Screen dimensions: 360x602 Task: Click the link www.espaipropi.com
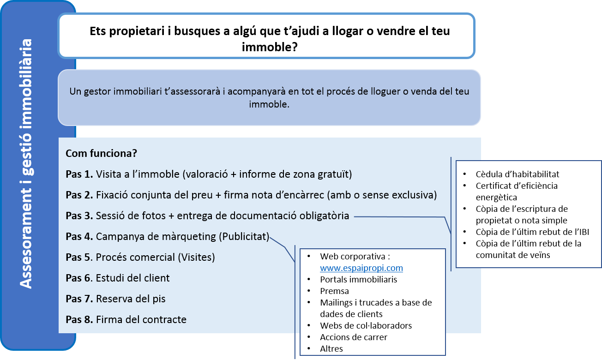click(361, 268)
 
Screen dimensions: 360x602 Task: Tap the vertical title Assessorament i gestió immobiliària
click(28, 164)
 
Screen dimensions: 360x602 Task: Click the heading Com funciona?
click(101, 153)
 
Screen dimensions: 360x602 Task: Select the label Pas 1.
click(79, 174)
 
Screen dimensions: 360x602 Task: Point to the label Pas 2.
click(79, 195)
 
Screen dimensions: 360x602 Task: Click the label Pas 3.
click(79, 216)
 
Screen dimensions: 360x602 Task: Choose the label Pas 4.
click(79, 236)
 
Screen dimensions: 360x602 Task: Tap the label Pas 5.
click(79, 257)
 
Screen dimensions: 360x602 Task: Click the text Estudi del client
click(133, 278)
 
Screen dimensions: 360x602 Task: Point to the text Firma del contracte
click(141, 319)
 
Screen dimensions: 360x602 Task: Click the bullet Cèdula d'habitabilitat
click(518, 174)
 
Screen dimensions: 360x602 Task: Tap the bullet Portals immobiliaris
click(358, 279)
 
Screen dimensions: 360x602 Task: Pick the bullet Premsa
click(334, 291)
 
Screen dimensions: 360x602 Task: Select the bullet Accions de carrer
click(354, 337)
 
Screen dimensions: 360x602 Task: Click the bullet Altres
click(331, 348)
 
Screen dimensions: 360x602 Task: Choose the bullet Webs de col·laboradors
click(366, 325)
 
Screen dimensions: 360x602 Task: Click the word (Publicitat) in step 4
click(244, 236)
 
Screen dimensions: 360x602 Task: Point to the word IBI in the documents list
click(582, 232)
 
